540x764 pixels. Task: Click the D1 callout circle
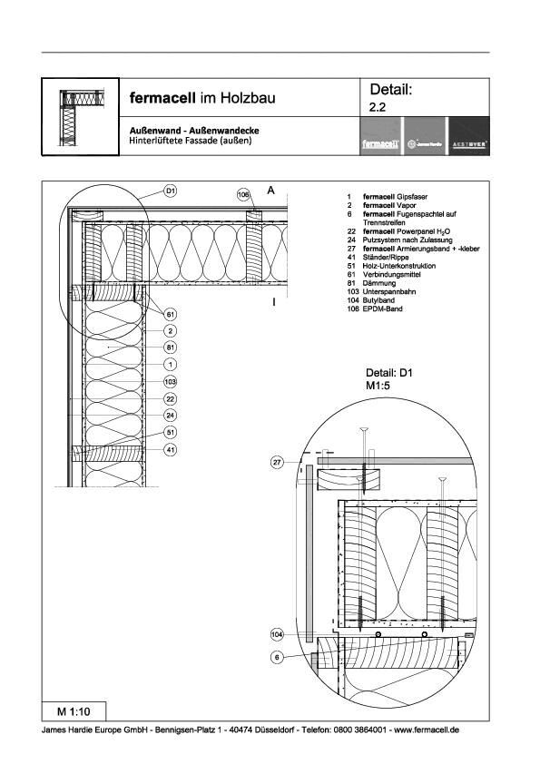(x=171, y=191)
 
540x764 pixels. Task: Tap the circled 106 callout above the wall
(x=244, y=194)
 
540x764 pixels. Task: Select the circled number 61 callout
(x=171, y=314)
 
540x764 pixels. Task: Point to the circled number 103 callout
(x=171, y=382)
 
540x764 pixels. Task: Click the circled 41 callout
(x=171, y=449)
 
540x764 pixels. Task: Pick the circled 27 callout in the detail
(x=279, y=463)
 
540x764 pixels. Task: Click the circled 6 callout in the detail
(x=279, y=656)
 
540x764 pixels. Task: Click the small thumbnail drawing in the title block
(x=80, y=116)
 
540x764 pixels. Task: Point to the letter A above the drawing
(x=270, y=191)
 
